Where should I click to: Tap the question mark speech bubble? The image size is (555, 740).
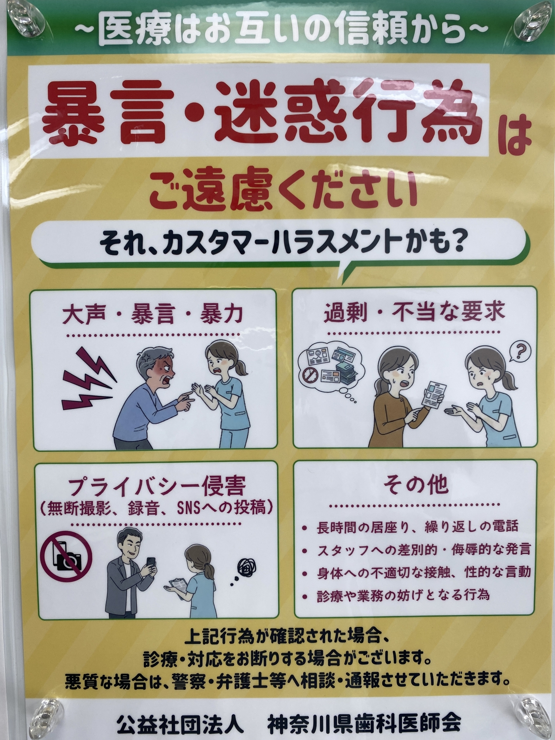coord(520,351)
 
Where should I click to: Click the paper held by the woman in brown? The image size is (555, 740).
coord(433,394)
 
